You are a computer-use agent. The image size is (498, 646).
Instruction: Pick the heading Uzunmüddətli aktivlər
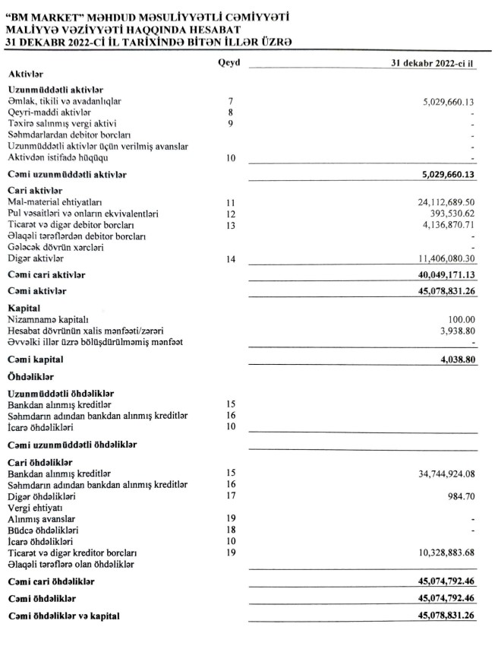pos(55,90)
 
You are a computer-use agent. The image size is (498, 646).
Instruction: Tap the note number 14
pos(232,259)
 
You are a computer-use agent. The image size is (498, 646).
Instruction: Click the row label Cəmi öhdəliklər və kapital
pos(67,615)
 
